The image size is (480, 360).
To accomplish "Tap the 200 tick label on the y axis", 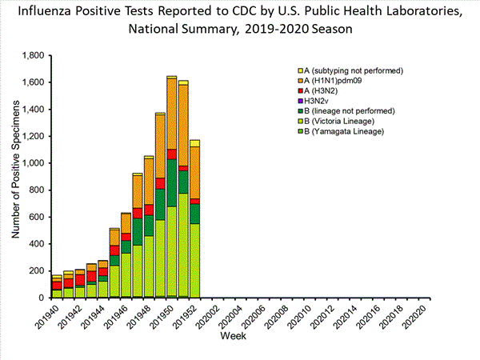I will point(35,270).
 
